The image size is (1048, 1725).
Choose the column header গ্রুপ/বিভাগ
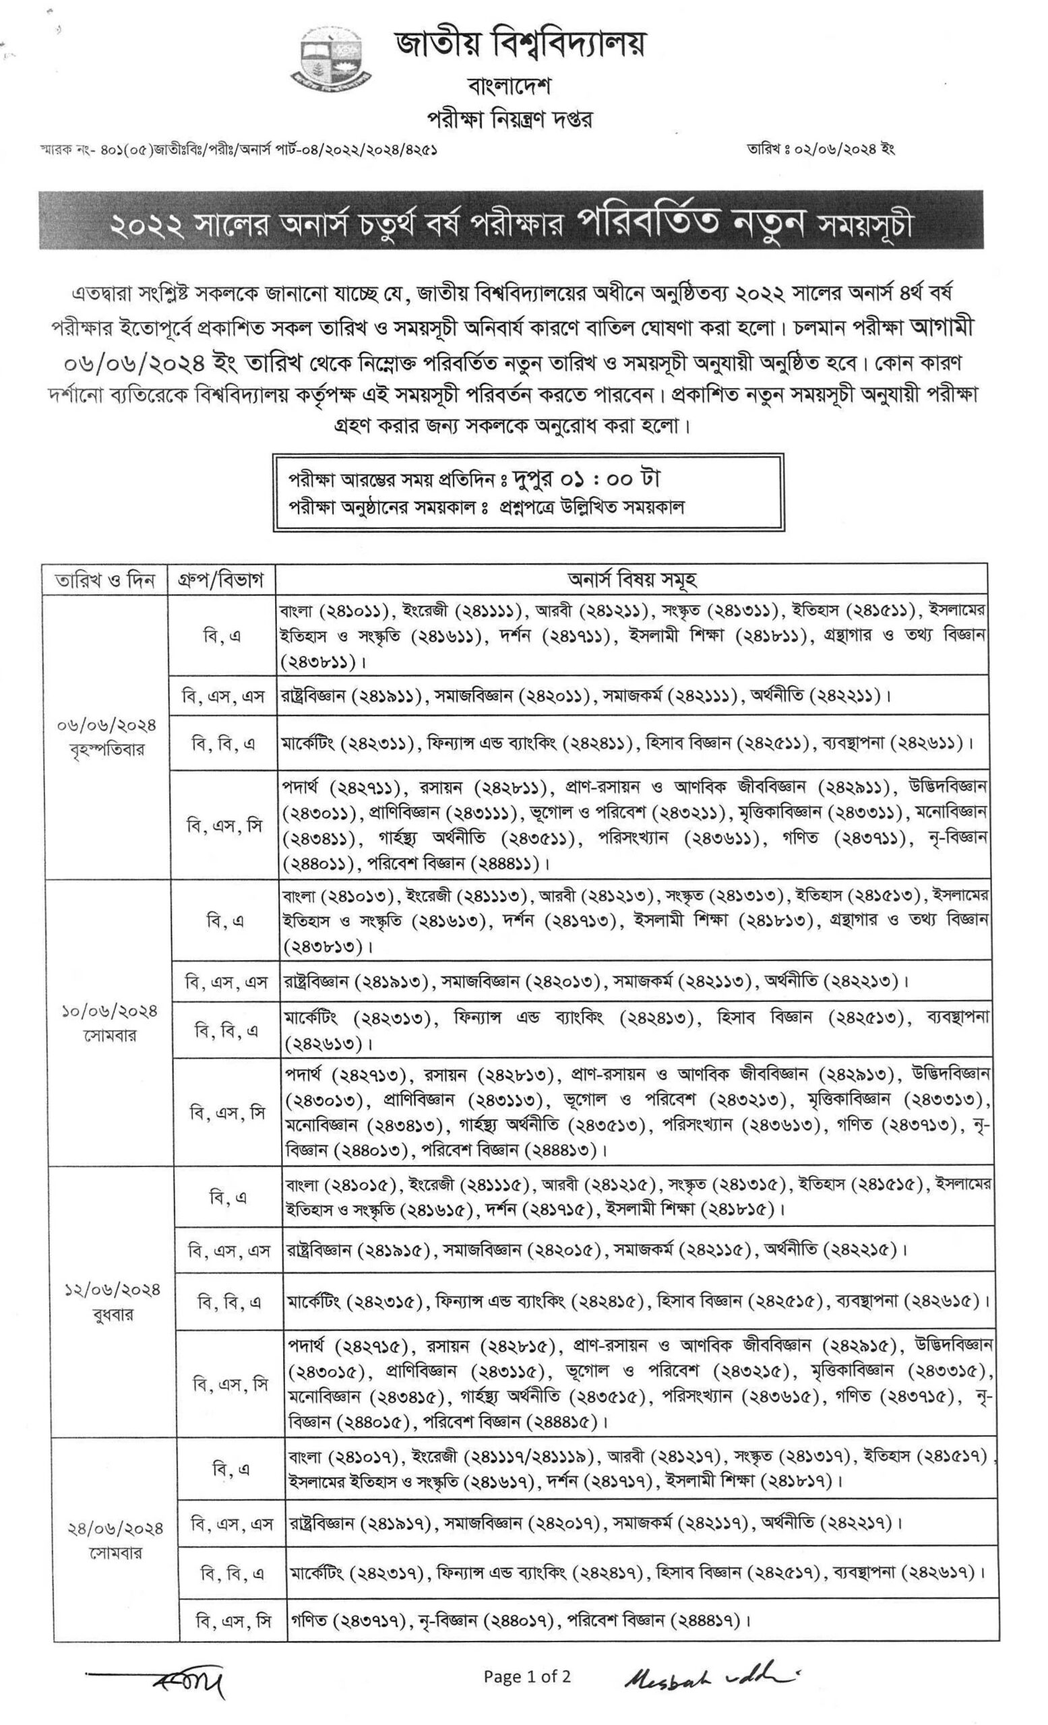pyautogui.click(x=220, y=579)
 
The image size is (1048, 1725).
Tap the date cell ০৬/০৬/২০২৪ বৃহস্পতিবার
pyautogui.click(x=107, y=737)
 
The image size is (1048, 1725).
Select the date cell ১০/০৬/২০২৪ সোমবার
pyautogui.click(x=109, y=1023)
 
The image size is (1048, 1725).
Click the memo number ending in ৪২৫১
pyautogui.click(x=238, y=150)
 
